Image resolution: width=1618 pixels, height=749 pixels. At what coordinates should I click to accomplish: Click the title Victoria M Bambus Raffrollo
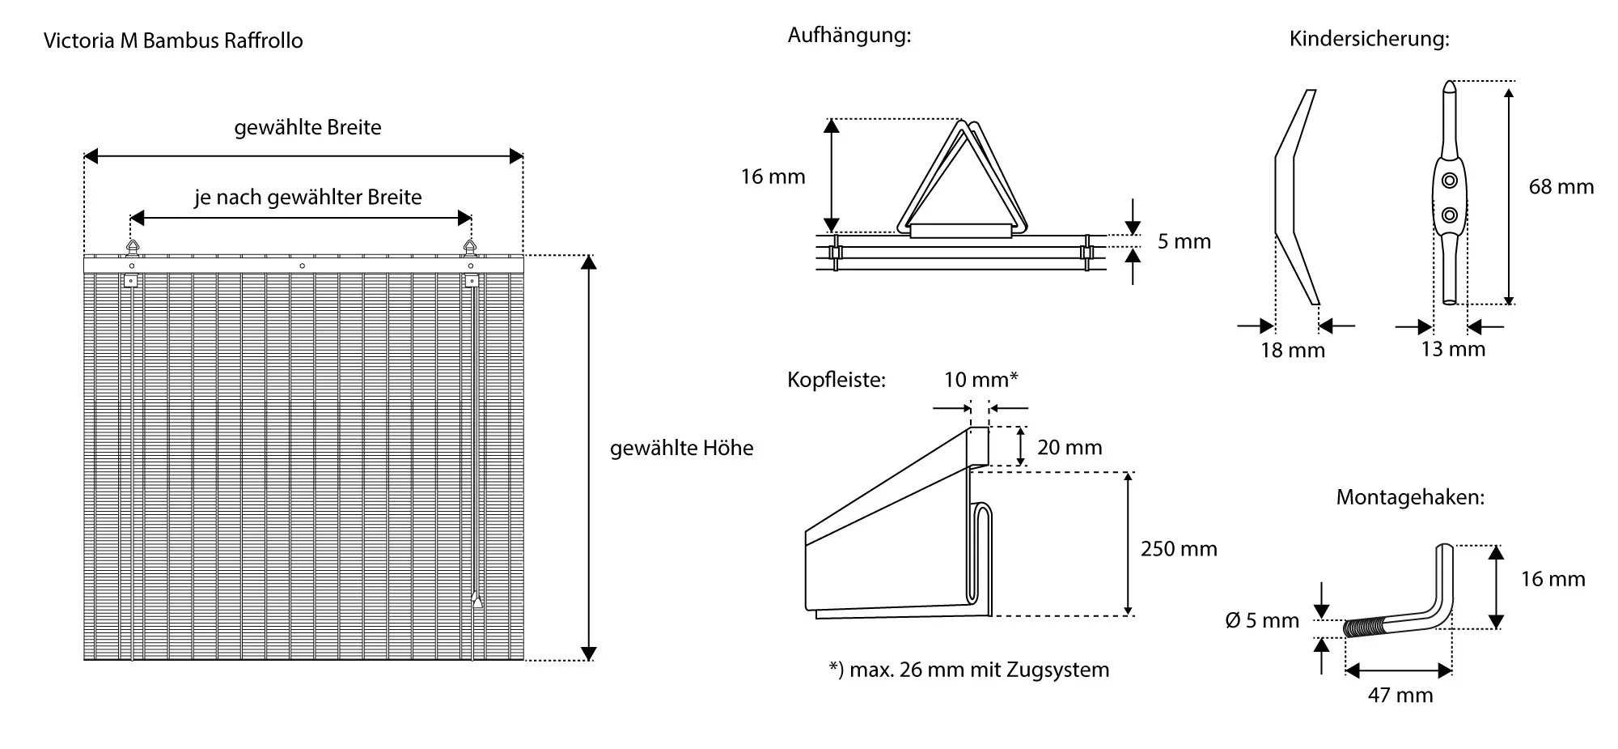(x=173, y=40)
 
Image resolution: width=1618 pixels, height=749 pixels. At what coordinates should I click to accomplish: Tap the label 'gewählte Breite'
(x=307, y=128)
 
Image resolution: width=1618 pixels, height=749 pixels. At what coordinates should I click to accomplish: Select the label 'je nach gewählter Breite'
(x=307, y=198)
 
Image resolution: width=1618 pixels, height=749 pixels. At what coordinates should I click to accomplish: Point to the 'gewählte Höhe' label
(x=681, y=449)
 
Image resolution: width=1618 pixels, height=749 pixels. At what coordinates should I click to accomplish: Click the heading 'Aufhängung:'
(x=849, y=36)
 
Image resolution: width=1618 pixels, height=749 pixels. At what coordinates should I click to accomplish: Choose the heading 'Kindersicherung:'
(x=1369, y=39)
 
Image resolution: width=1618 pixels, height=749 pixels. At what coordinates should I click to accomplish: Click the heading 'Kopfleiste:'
(x=837, y=381)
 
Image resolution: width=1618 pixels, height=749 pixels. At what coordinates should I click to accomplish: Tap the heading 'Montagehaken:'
(x=1410, y=497)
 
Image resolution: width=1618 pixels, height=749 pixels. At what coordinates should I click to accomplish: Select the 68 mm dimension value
(x=1561, y=187)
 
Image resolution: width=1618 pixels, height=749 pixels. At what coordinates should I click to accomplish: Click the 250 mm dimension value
(x=1178, y=549)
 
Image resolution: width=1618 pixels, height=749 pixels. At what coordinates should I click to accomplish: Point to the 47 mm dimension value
(x=1400, y=695)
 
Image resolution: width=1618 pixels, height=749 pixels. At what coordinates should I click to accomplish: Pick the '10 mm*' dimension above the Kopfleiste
(x=981, y=380)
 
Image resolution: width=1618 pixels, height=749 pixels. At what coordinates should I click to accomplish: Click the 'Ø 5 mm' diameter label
(x=1262, y=621)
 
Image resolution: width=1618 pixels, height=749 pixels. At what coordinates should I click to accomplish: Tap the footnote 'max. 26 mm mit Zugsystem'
(x=968, y=670)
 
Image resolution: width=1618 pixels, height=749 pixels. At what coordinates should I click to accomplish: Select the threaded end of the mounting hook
(x=1363, y=628)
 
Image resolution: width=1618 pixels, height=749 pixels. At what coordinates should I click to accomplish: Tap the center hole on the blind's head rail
(x=302, y=266)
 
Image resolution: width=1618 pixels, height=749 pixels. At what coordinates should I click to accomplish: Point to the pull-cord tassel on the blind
(x=477, y=600)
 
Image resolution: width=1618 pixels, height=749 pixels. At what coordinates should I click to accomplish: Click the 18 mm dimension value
(x=1293, y=351)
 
